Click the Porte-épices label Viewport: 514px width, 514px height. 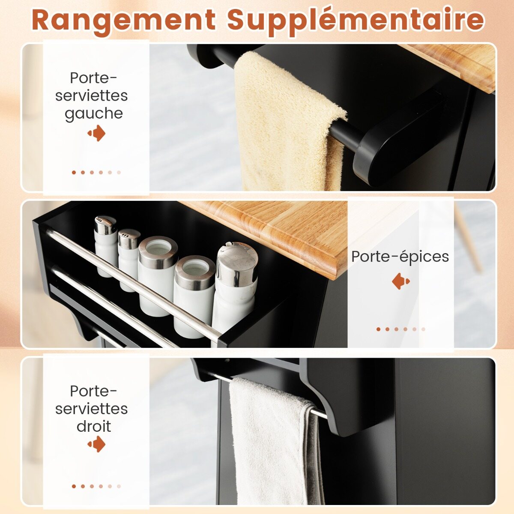(x=400, y=257)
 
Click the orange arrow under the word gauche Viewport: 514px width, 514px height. (x=96, y=133)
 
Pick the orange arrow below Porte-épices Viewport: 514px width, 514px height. (x=401, y=281)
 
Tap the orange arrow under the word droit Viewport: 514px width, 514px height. (x=96, y=444)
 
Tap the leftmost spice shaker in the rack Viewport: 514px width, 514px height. (x=106, y=245)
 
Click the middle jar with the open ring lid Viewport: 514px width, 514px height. (x=158, y=276)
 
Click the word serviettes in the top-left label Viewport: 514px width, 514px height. (x=92, y=96)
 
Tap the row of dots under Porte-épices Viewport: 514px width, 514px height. (x=400, y=329)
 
